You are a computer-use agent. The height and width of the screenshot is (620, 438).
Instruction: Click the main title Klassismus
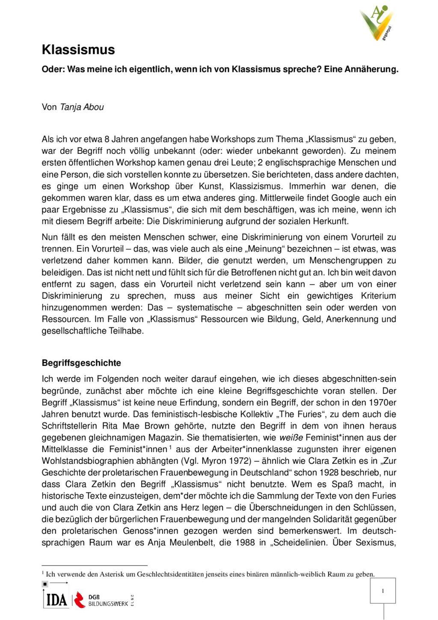click(78, 50)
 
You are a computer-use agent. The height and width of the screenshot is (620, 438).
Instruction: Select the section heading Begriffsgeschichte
click(81, 363)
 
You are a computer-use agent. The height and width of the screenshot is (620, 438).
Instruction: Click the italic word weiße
click(291, 438)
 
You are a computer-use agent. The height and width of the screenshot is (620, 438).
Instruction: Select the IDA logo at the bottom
click(56, 600)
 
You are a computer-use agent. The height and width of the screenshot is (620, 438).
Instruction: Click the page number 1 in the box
click(382, 591)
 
